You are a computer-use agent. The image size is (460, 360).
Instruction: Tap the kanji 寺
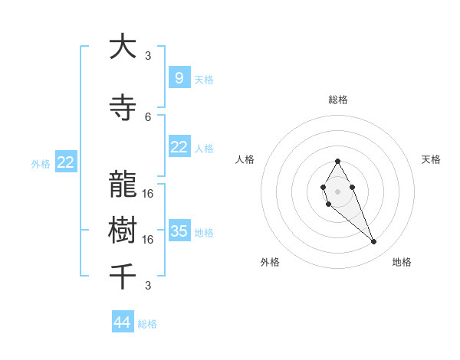click(123, 108)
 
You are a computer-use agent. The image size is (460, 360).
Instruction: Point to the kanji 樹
click(123, 231)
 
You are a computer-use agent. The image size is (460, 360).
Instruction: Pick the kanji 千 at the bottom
click(123, 276)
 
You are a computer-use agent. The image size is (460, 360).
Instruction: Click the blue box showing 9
click(179, 78)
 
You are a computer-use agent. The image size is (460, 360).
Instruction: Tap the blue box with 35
click(179, 231)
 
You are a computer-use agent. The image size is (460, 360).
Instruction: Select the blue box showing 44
click(123, 322)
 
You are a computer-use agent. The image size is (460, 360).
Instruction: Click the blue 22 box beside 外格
click(66, 162)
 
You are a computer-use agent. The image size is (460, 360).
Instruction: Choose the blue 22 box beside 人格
click(179, 147)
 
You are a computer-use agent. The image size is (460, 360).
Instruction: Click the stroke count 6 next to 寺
click(148, 116)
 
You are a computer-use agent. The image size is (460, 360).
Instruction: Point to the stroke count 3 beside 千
click(148, 286)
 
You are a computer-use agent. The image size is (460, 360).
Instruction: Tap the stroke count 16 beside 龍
click(148, 193)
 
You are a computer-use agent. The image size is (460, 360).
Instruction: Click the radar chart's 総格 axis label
click(337, 100)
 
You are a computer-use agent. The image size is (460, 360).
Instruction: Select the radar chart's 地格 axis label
click(402, 263)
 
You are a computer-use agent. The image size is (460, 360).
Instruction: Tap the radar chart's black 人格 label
click(245, 159)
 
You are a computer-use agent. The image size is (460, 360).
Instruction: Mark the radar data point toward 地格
click(374, 242)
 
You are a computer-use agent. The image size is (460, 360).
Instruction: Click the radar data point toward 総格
click(337, 161)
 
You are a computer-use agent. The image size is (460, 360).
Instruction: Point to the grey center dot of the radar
click(337, 191)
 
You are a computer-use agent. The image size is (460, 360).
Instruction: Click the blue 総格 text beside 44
click(147, 324)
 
